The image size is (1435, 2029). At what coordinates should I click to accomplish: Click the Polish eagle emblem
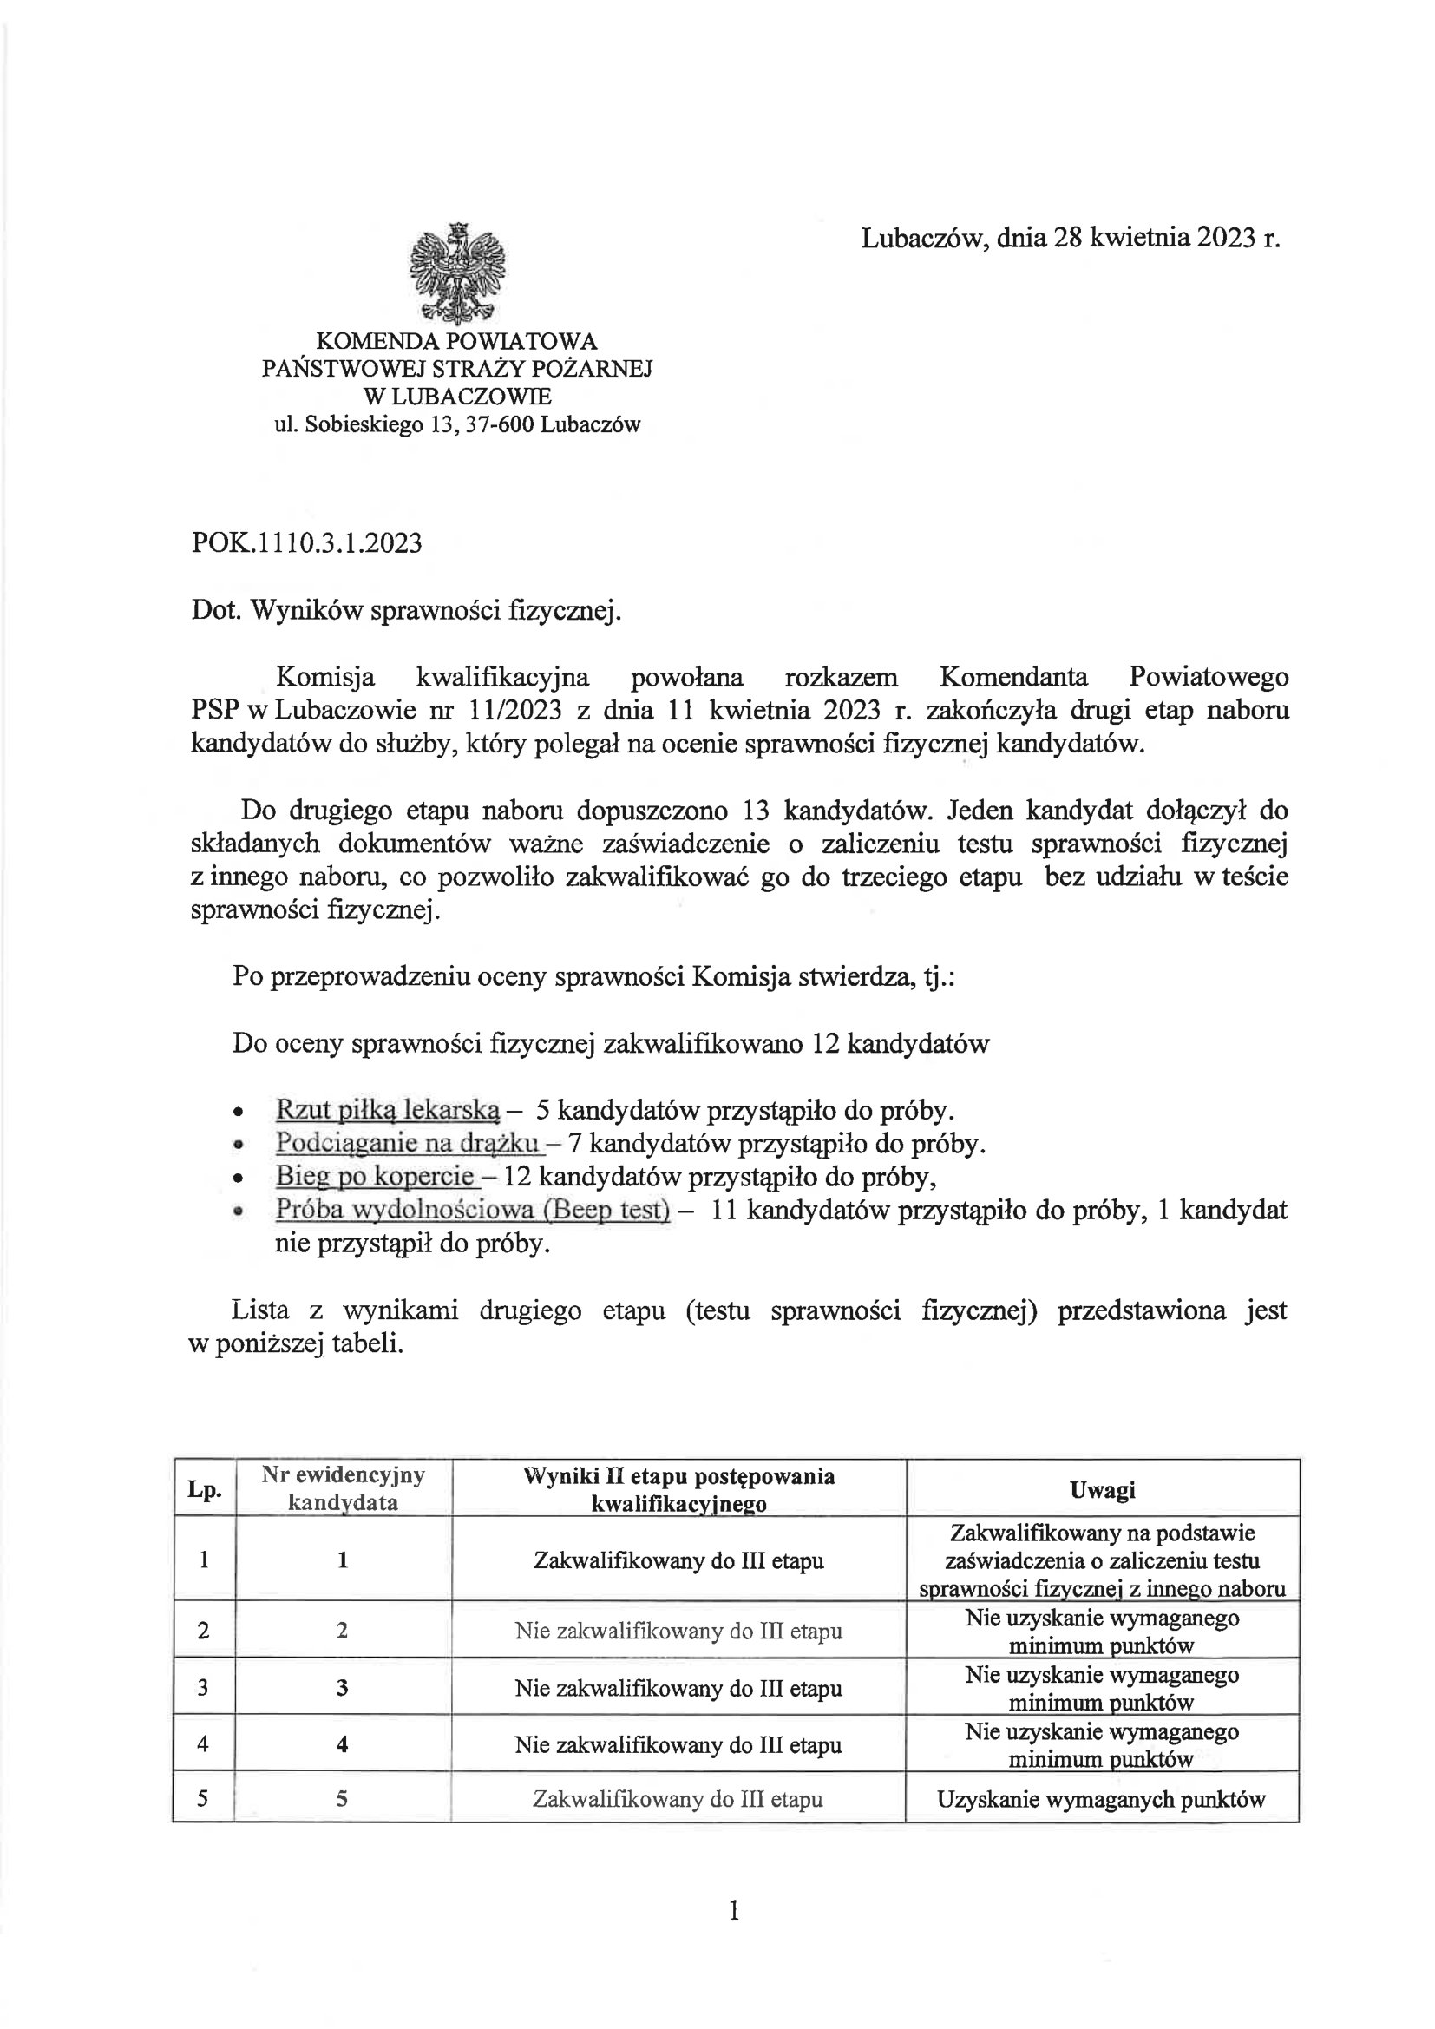pyautogui.click(x=457, y=273)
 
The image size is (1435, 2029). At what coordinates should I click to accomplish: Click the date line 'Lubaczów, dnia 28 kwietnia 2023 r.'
pyautogui.click(x=1070, y=238)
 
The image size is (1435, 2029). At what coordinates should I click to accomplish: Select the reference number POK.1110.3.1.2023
pyautogui.click(x=306, y=542)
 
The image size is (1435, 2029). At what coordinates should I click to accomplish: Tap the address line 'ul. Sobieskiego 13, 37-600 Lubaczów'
pyautogui.click(x=457, y=425)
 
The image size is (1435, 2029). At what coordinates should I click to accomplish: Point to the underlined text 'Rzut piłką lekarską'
pyautogui.click(x=388, y=1109)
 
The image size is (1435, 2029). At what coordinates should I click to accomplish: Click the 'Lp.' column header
pyautogui.click(x=204, y=1489)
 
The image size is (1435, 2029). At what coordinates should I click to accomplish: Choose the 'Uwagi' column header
pyautogui.click(x=1102, y=1489)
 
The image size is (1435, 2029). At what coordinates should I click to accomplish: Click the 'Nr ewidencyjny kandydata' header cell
pyautogui.click(x=343, y=1489)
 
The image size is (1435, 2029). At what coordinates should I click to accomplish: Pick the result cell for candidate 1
pyautogui.click(x=678, y=1560)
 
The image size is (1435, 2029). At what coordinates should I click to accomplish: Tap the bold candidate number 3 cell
pyautogui.click(x=343, y=1688)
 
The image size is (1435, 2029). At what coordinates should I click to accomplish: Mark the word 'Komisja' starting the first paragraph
pyautogui.click(x=325, y=678)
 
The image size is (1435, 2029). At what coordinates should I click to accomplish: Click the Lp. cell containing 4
pyautogui.click(x=204, y=1744)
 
